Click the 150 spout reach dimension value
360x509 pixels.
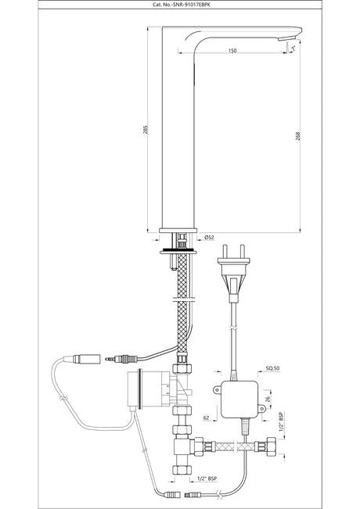coord(232,50)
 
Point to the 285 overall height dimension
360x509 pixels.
coord(146,130)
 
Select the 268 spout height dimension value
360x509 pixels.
coord(298,136)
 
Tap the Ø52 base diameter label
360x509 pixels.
coord(209,237)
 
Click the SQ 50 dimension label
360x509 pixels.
coord(272,368)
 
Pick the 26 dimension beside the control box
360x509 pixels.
coord(268,399)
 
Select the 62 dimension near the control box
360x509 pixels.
coord(206,418)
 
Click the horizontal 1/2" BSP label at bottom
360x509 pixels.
coord(207,479)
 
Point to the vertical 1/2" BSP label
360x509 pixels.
coord(281,421)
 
